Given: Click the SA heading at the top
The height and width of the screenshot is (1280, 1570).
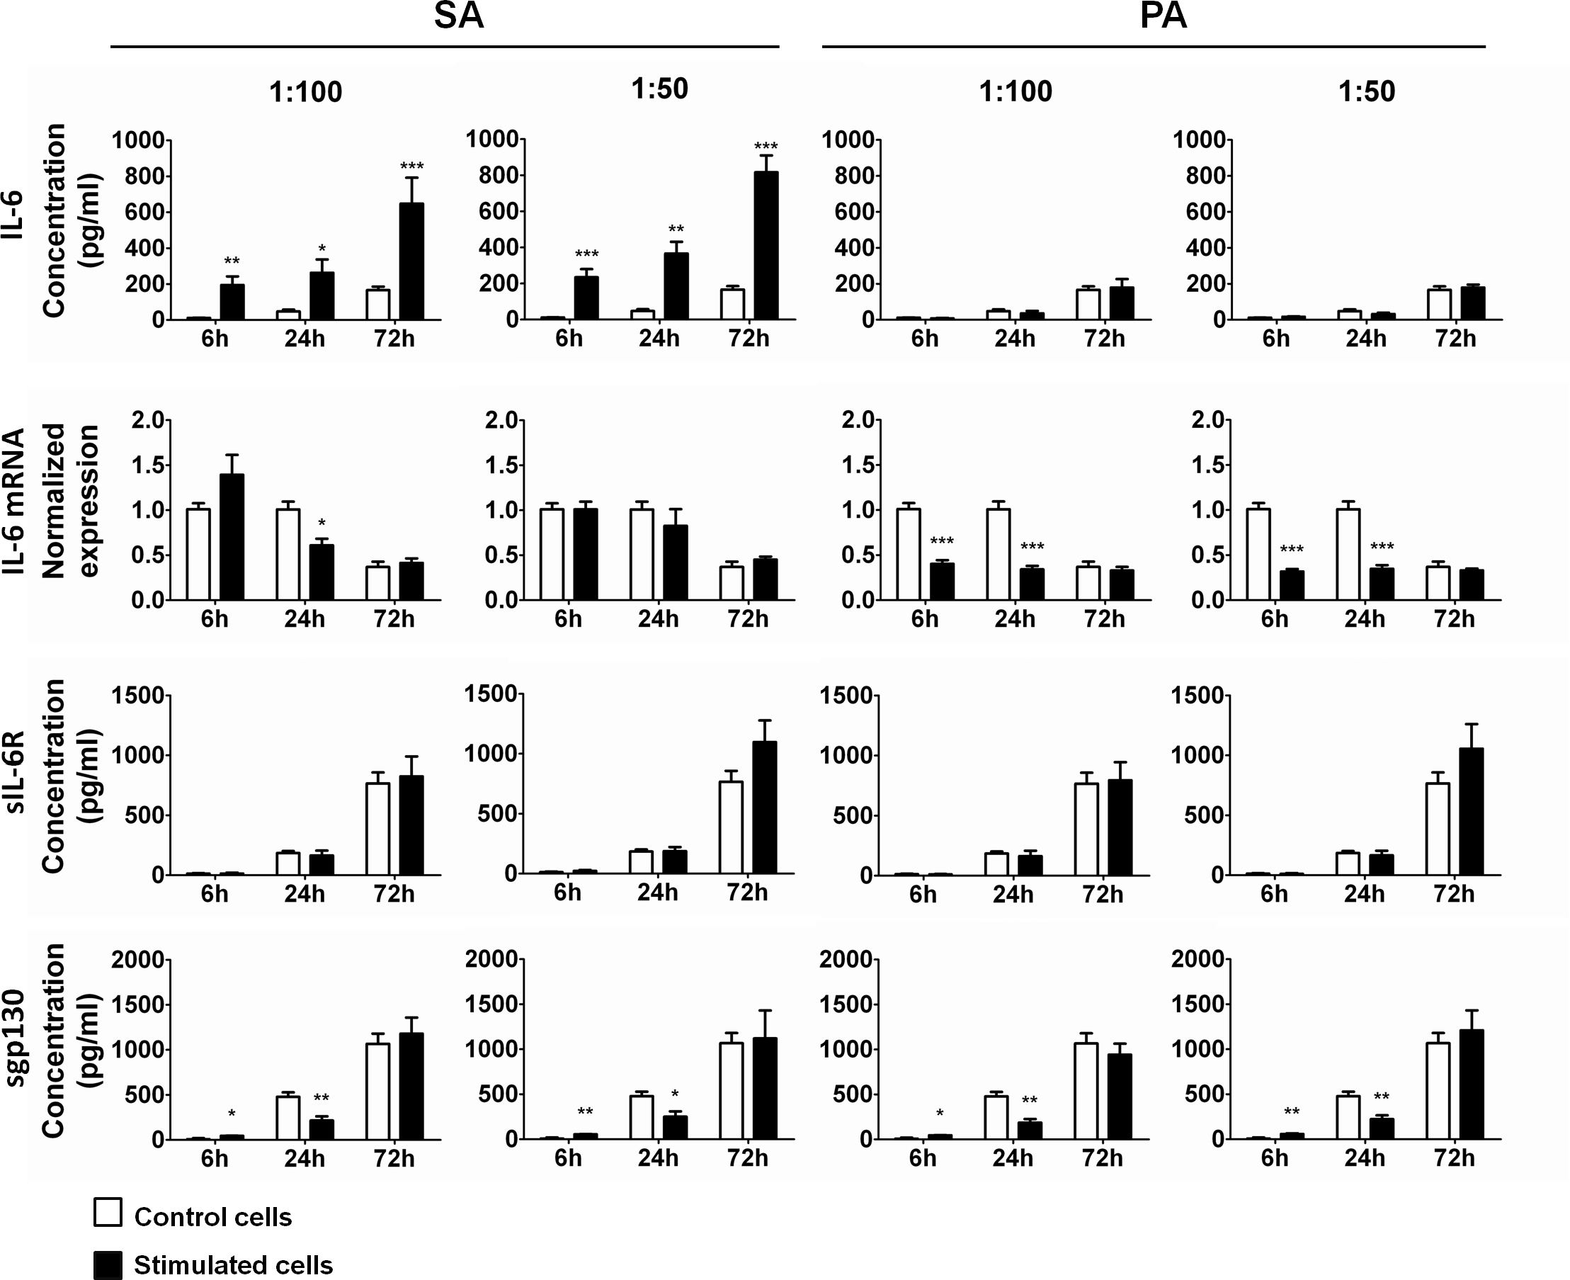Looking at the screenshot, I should [x=458, y=16].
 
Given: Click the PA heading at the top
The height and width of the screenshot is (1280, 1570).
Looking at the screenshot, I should [x=1163, y=16].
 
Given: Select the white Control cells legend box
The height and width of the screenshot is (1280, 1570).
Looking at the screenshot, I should [x=108, y=1212].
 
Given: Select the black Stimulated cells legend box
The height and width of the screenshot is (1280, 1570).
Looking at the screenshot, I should [x=108, y=1264].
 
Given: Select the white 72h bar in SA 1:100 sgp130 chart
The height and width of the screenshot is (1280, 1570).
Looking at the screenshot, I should [x=378, y=1092].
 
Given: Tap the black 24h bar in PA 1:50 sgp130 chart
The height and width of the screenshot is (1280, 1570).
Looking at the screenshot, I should [x=1382, y=1129].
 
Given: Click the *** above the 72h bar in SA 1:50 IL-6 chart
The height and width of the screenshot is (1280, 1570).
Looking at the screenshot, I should [x=766, y=146].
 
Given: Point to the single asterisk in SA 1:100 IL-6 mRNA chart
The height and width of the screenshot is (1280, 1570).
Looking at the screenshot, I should [x=322, y=524].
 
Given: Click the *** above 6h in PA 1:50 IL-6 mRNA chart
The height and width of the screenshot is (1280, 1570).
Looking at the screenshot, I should [x=1292, y=549].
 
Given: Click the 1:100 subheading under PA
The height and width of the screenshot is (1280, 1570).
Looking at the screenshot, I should [x=1015, y=91].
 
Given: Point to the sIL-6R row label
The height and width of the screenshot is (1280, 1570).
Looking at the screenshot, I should [x=15, y=772].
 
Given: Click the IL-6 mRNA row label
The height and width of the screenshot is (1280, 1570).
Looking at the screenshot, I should [x=15, y=502].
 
